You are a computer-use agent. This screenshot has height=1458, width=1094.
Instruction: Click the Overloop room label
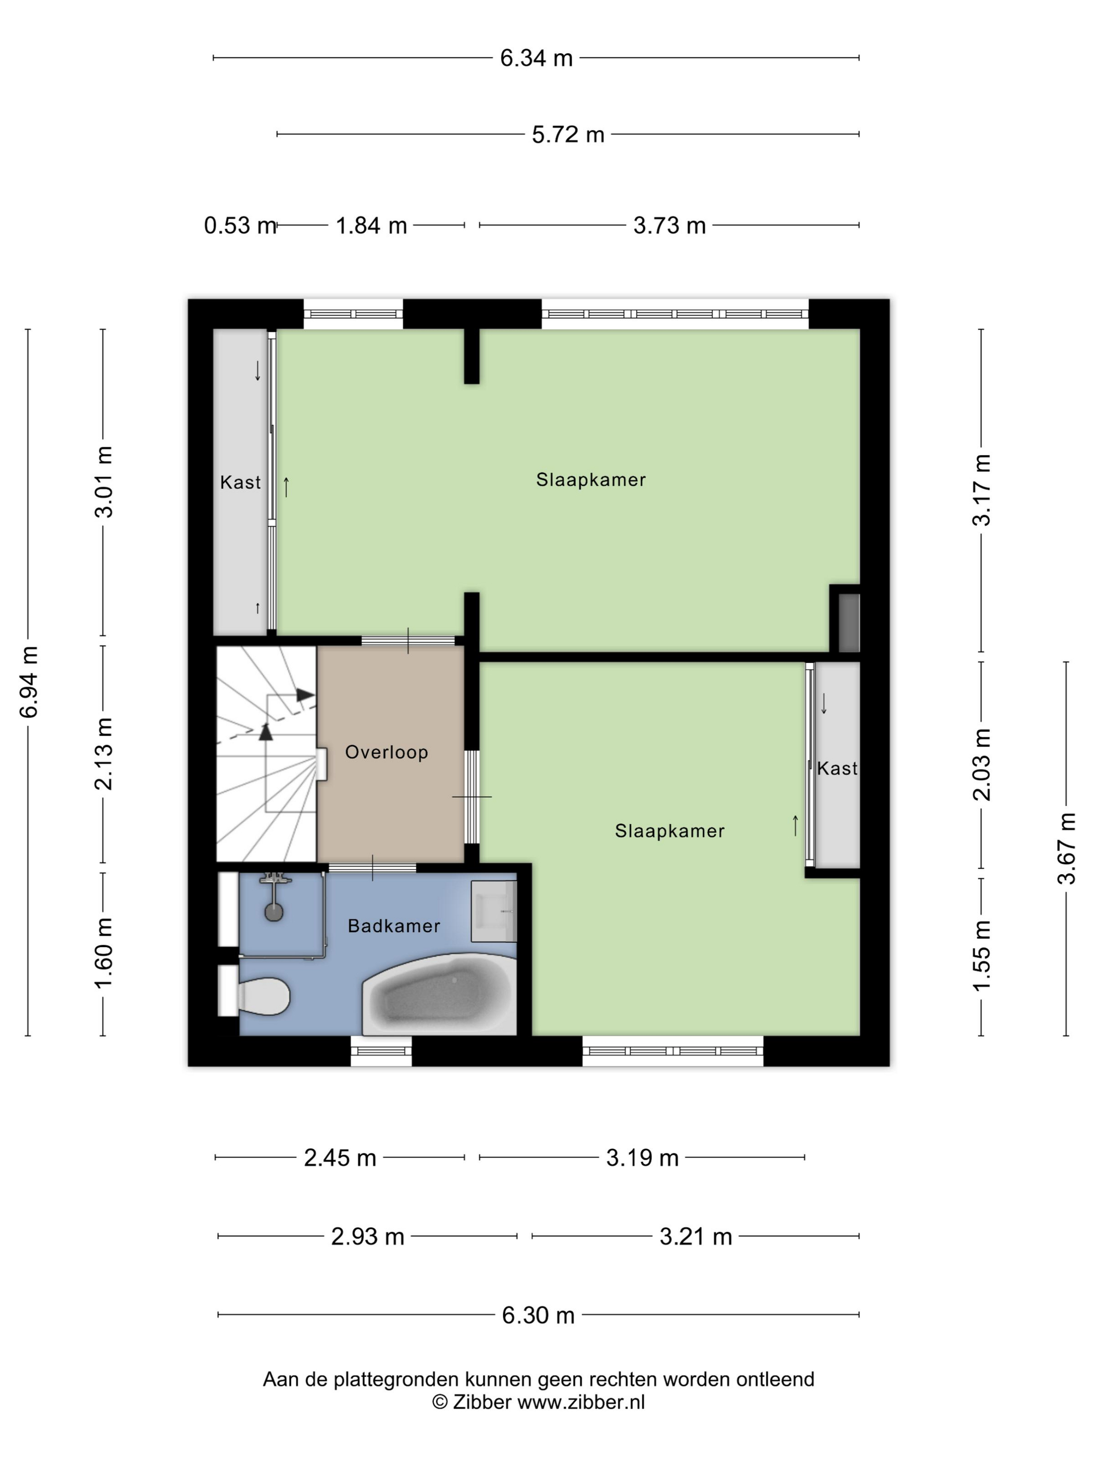[387, 752]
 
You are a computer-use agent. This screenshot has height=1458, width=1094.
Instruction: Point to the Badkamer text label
[394, 926]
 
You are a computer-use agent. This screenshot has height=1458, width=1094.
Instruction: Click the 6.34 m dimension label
[536, 58]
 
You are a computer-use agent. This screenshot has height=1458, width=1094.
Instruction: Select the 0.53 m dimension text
[239, 225]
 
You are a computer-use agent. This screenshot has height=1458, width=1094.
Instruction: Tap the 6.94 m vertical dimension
[30, 682]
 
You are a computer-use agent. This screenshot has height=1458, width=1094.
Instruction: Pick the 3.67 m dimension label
[1066, 848]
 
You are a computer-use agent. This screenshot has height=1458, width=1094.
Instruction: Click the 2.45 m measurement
[340, 1158]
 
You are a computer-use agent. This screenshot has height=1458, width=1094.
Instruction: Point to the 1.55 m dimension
[982, 956]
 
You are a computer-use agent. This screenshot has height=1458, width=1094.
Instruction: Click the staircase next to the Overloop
[266, 754]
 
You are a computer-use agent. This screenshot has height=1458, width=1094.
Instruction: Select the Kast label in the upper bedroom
[240, 483]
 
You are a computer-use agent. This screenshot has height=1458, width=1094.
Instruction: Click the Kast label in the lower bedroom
[837, 768]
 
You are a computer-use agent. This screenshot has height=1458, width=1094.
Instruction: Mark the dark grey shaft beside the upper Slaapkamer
[849, 623]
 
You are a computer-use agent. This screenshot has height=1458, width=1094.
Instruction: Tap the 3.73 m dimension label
[669, 225]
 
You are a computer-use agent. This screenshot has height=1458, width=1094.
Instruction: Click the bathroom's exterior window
[381, 1051]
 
